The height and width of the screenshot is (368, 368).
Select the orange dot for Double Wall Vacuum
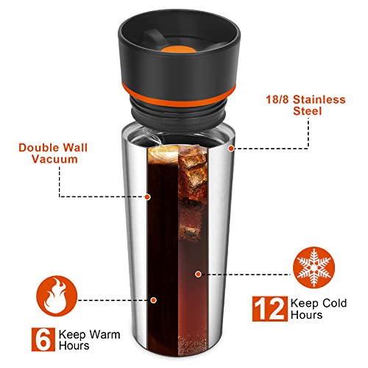point(149,197)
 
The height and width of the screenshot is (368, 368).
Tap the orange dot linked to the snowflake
point(199,274)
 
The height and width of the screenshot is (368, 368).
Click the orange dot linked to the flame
point(155,300)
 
